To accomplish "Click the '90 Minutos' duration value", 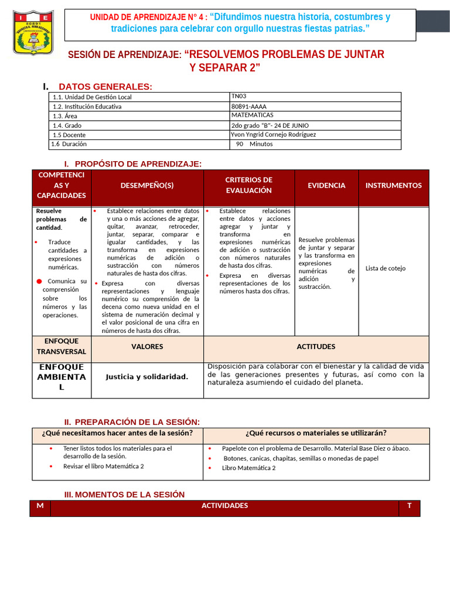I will click(x=254, y=144).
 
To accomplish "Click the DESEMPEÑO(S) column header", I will click(x=147, y=185).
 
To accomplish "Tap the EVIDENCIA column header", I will click(x=326, y=185).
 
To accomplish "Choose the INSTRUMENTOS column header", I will click(x=393, y=185).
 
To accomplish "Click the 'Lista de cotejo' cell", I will click(x=385, y=268).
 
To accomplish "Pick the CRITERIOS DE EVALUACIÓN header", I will click(x=248, y=185).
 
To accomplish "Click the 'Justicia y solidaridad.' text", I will click(x=147, y=377).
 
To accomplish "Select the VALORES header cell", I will click(x=147, y=347).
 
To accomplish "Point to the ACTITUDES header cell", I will click(x=316, y=347).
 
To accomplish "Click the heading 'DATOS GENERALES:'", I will click(x=105, y=87).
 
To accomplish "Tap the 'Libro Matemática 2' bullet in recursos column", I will click(x=248, y=468).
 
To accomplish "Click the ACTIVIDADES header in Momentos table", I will click(x=224, y=506).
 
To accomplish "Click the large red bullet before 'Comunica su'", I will click(x=39, y=282).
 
